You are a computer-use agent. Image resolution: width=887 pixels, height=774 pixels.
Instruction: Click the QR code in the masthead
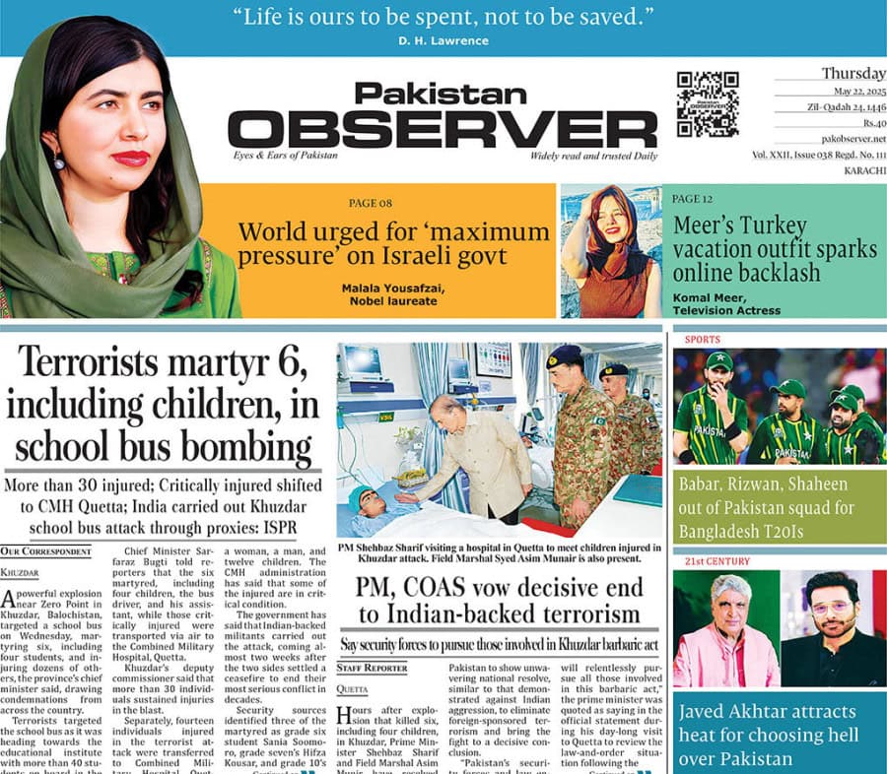click(708, 103)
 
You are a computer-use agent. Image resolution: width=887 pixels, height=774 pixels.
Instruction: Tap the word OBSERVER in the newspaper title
click(443, 129)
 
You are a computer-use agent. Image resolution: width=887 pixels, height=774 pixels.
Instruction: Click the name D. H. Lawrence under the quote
click(443, 39)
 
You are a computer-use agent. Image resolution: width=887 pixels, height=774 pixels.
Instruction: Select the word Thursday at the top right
click(853, 73)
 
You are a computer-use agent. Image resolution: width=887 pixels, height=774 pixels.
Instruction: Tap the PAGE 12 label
click(693, 198)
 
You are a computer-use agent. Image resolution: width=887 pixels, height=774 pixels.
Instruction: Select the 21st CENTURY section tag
click(711, 561)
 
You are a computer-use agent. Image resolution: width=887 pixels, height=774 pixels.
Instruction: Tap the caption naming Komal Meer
click(725, 303)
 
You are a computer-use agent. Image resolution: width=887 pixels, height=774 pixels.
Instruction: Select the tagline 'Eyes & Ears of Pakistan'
click(286, 156)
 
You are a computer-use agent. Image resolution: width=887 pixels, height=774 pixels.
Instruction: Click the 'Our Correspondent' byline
click(45, 551)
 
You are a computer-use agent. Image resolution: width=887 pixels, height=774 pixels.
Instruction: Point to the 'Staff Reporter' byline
click(373, 668)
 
